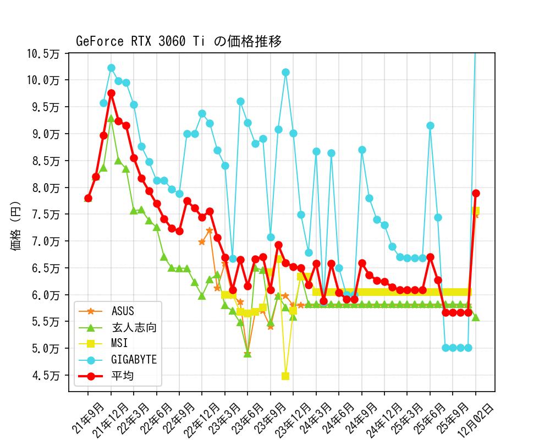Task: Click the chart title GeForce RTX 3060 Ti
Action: (179, 41)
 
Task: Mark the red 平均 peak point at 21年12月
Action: (111, 94)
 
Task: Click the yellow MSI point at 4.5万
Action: (285, 376)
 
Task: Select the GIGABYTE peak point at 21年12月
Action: (111, 68)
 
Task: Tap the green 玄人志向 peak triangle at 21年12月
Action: (111, 118)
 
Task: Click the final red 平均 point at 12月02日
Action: (476, 193)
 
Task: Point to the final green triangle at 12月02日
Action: (476, 317)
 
